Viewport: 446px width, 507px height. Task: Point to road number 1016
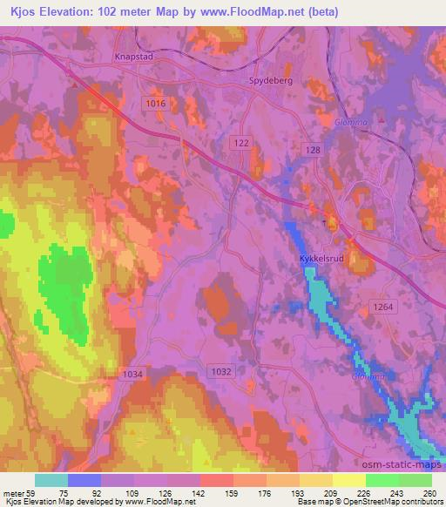(x=155, y=103)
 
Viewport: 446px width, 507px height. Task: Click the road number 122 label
(x=242, y=141)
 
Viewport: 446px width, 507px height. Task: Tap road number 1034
(x=132, y=373)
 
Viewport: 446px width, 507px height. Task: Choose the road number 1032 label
(x=220, y=371)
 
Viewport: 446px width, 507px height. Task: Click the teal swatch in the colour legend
(x=51, y=480)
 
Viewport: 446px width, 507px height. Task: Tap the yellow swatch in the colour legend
(x=349, y=480)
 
